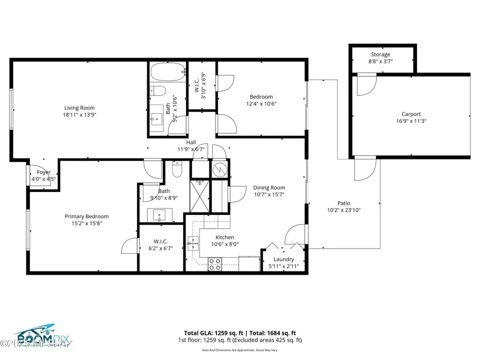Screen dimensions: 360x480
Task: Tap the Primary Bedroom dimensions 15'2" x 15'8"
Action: coord(86,223)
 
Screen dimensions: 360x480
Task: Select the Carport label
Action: coord(411,114)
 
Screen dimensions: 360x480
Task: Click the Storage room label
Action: coord(380,54)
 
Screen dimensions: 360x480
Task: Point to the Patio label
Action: coord(344,203)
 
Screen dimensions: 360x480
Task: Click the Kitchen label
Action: coord(225,237)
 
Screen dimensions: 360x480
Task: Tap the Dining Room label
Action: coord(269,187)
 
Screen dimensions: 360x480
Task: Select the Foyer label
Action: coord(43,172)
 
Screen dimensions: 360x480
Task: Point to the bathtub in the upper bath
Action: coord(167,71)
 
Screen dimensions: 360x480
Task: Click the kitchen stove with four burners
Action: coord(215,264)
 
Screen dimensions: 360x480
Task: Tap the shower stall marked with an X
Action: coord(201,196)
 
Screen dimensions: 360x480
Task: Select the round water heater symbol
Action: coord(219,169)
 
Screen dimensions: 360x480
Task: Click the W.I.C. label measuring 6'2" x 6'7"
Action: coord(161,248)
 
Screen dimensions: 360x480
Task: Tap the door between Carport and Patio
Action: coord(365,169)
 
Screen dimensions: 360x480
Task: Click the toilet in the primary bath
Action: coord(178,171)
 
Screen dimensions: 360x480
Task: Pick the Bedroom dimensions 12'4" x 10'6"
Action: coord(261,103)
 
